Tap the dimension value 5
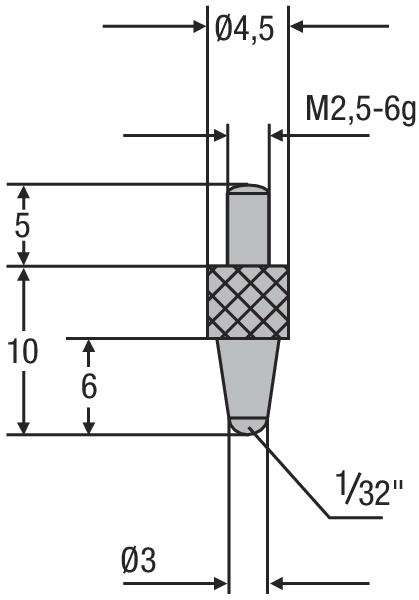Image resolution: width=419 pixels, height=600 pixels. (x=22, y=224)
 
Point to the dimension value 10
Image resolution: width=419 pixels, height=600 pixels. (x=22, y=351)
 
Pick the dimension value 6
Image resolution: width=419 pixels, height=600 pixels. (x=88, y=386)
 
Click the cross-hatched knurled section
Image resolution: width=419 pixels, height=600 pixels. (x=250, y=301)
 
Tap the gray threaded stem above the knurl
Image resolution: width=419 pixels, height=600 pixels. (x=248, y=230)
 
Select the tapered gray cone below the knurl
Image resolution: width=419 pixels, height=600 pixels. (x=249, y=375)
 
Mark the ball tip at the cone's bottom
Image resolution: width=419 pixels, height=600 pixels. (x=248, y=424)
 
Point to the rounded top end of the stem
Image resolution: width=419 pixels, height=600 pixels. (x=248, y=189)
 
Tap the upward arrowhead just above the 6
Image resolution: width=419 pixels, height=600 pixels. (x=88, y=350)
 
